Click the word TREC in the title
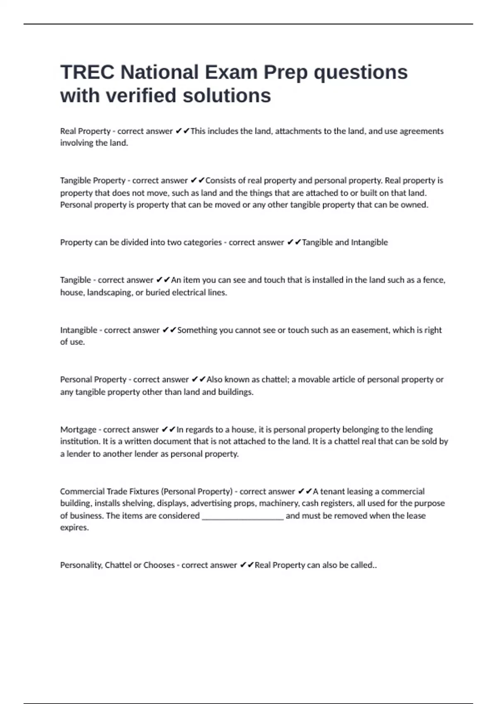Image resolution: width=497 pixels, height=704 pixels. [87, 72]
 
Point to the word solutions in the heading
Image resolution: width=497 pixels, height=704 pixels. [227, 96]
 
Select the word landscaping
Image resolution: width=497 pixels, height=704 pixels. [109, 293]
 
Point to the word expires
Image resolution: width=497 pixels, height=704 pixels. [74, 528]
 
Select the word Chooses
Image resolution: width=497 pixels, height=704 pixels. [159, 565]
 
